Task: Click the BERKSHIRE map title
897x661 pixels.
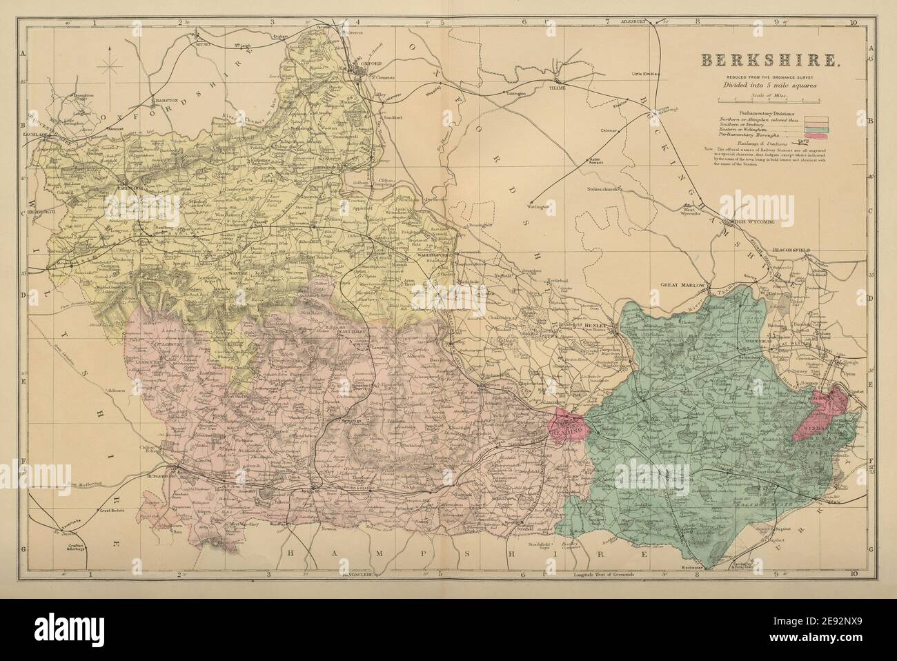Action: (x=771, y=60)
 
